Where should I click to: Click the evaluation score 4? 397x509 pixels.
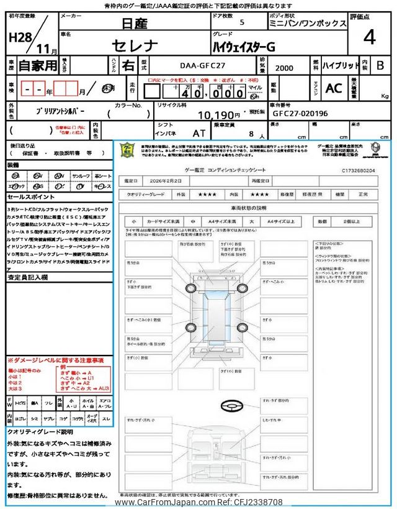click(369, 38)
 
